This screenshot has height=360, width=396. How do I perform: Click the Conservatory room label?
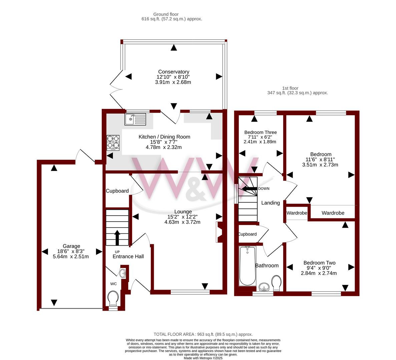(173, 72)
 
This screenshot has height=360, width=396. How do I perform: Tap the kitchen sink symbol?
(135, 119)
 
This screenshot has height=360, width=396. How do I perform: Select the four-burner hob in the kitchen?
(113, 143)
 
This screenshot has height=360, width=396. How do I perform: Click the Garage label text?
(71, 246)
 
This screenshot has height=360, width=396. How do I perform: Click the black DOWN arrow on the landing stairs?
(250, 188)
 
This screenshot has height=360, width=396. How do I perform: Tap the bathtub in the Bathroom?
(248, 266)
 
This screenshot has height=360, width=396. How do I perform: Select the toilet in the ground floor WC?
(113, 298)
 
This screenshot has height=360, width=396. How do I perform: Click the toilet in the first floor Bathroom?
(276, 283)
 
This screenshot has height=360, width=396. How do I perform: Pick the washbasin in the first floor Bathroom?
(265, 287)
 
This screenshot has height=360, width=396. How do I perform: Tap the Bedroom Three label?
(260, 132)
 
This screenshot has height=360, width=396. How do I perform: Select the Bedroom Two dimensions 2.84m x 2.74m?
(319, 273)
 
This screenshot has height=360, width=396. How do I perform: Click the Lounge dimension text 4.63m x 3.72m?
(182, 222)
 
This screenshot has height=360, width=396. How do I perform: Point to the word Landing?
(271, 203)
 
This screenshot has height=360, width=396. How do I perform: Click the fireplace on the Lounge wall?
(219, 232)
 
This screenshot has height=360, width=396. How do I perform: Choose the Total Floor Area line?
(203, 335)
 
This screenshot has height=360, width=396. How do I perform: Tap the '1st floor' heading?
(290, 88)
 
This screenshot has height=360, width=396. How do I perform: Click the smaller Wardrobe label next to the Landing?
(297, 213)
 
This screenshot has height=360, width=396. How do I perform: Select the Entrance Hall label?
(128, 257)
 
